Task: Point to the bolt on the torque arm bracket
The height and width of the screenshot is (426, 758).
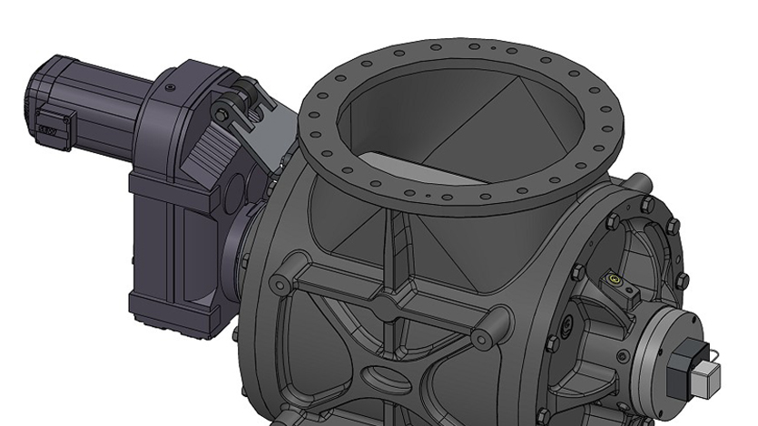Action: (220, 111)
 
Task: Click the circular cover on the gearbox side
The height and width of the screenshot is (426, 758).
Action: (234, 189)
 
